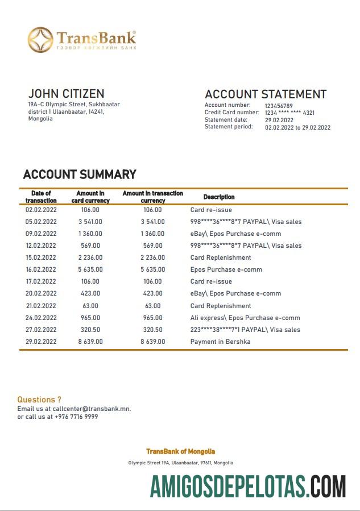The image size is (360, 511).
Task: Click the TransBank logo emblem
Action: pos(40,40)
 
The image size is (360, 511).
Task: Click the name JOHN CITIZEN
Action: pos(66,94)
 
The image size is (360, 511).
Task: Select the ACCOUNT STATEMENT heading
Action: pos(266,94)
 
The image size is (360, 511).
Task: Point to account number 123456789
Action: pos(279,106)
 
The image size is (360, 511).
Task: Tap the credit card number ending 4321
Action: pos(289,113)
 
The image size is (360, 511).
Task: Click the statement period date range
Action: pos(297,127)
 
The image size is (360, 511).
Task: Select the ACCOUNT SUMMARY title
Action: pos(80,175)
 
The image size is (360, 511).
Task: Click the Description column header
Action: pos(219,197)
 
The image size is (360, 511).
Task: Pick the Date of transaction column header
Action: pos(41,197)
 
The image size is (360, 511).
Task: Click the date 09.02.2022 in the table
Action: pos(41,234)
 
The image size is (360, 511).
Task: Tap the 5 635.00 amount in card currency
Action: pos(90,269)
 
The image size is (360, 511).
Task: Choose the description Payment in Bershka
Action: pos(220,342)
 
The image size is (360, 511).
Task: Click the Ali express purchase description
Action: pos(245,318)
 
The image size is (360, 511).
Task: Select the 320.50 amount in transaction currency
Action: pos(152,330)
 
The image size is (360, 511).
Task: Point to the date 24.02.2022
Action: pos(41,318)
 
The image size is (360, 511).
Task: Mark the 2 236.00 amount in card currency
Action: pos(90,257)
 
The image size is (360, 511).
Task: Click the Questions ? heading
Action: pos(39,400)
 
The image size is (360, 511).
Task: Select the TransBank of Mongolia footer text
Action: pos(180,451)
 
